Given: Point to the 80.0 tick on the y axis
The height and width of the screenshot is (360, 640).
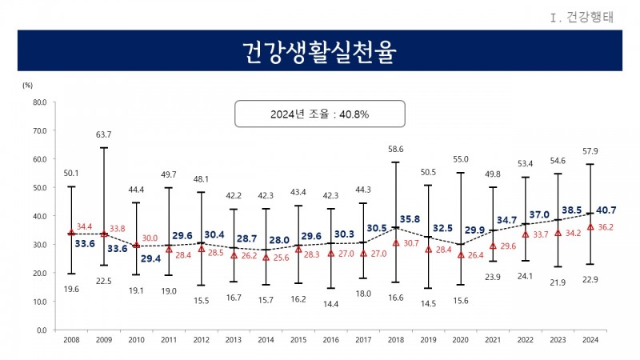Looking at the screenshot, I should click(x=39, y=102).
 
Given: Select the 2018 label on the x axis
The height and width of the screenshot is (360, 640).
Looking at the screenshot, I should click(x=396, y=340).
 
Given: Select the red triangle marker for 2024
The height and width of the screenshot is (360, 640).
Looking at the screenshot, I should click(x=591, y=227).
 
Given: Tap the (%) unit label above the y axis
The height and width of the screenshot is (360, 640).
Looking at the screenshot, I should click(x=28, y=84).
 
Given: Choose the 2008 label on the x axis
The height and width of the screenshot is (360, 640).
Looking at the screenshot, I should click(x=71, y=340).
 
